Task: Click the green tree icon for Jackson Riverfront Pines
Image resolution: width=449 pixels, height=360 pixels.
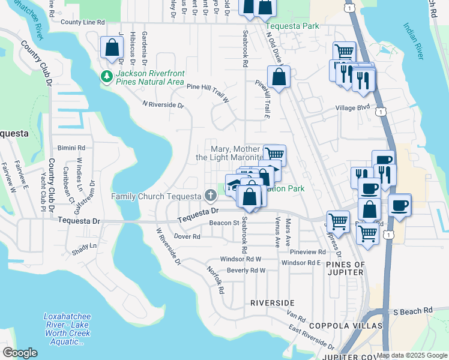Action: (107, 77)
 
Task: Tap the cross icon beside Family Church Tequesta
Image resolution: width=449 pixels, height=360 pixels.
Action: (210, 195)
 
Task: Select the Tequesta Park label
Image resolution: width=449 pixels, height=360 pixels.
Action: (294, 26)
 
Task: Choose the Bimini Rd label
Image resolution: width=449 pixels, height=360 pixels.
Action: (71, 147)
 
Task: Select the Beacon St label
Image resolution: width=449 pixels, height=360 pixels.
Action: (224, 223)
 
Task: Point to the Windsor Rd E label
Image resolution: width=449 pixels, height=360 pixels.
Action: (301, 263)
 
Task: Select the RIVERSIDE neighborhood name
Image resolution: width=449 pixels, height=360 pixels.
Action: (273, 303)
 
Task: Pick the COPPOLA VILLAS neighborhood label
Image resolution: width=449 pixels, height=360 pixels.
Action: (346, 326)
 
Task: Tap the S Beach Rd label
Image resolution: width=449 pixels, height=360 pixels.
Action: (412, 311)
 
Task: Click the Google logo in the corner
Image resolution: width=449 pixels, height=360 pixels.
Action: (19, 353)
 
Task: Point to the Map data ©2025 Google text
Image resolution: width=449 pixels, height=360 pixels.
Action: (412, 355)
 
